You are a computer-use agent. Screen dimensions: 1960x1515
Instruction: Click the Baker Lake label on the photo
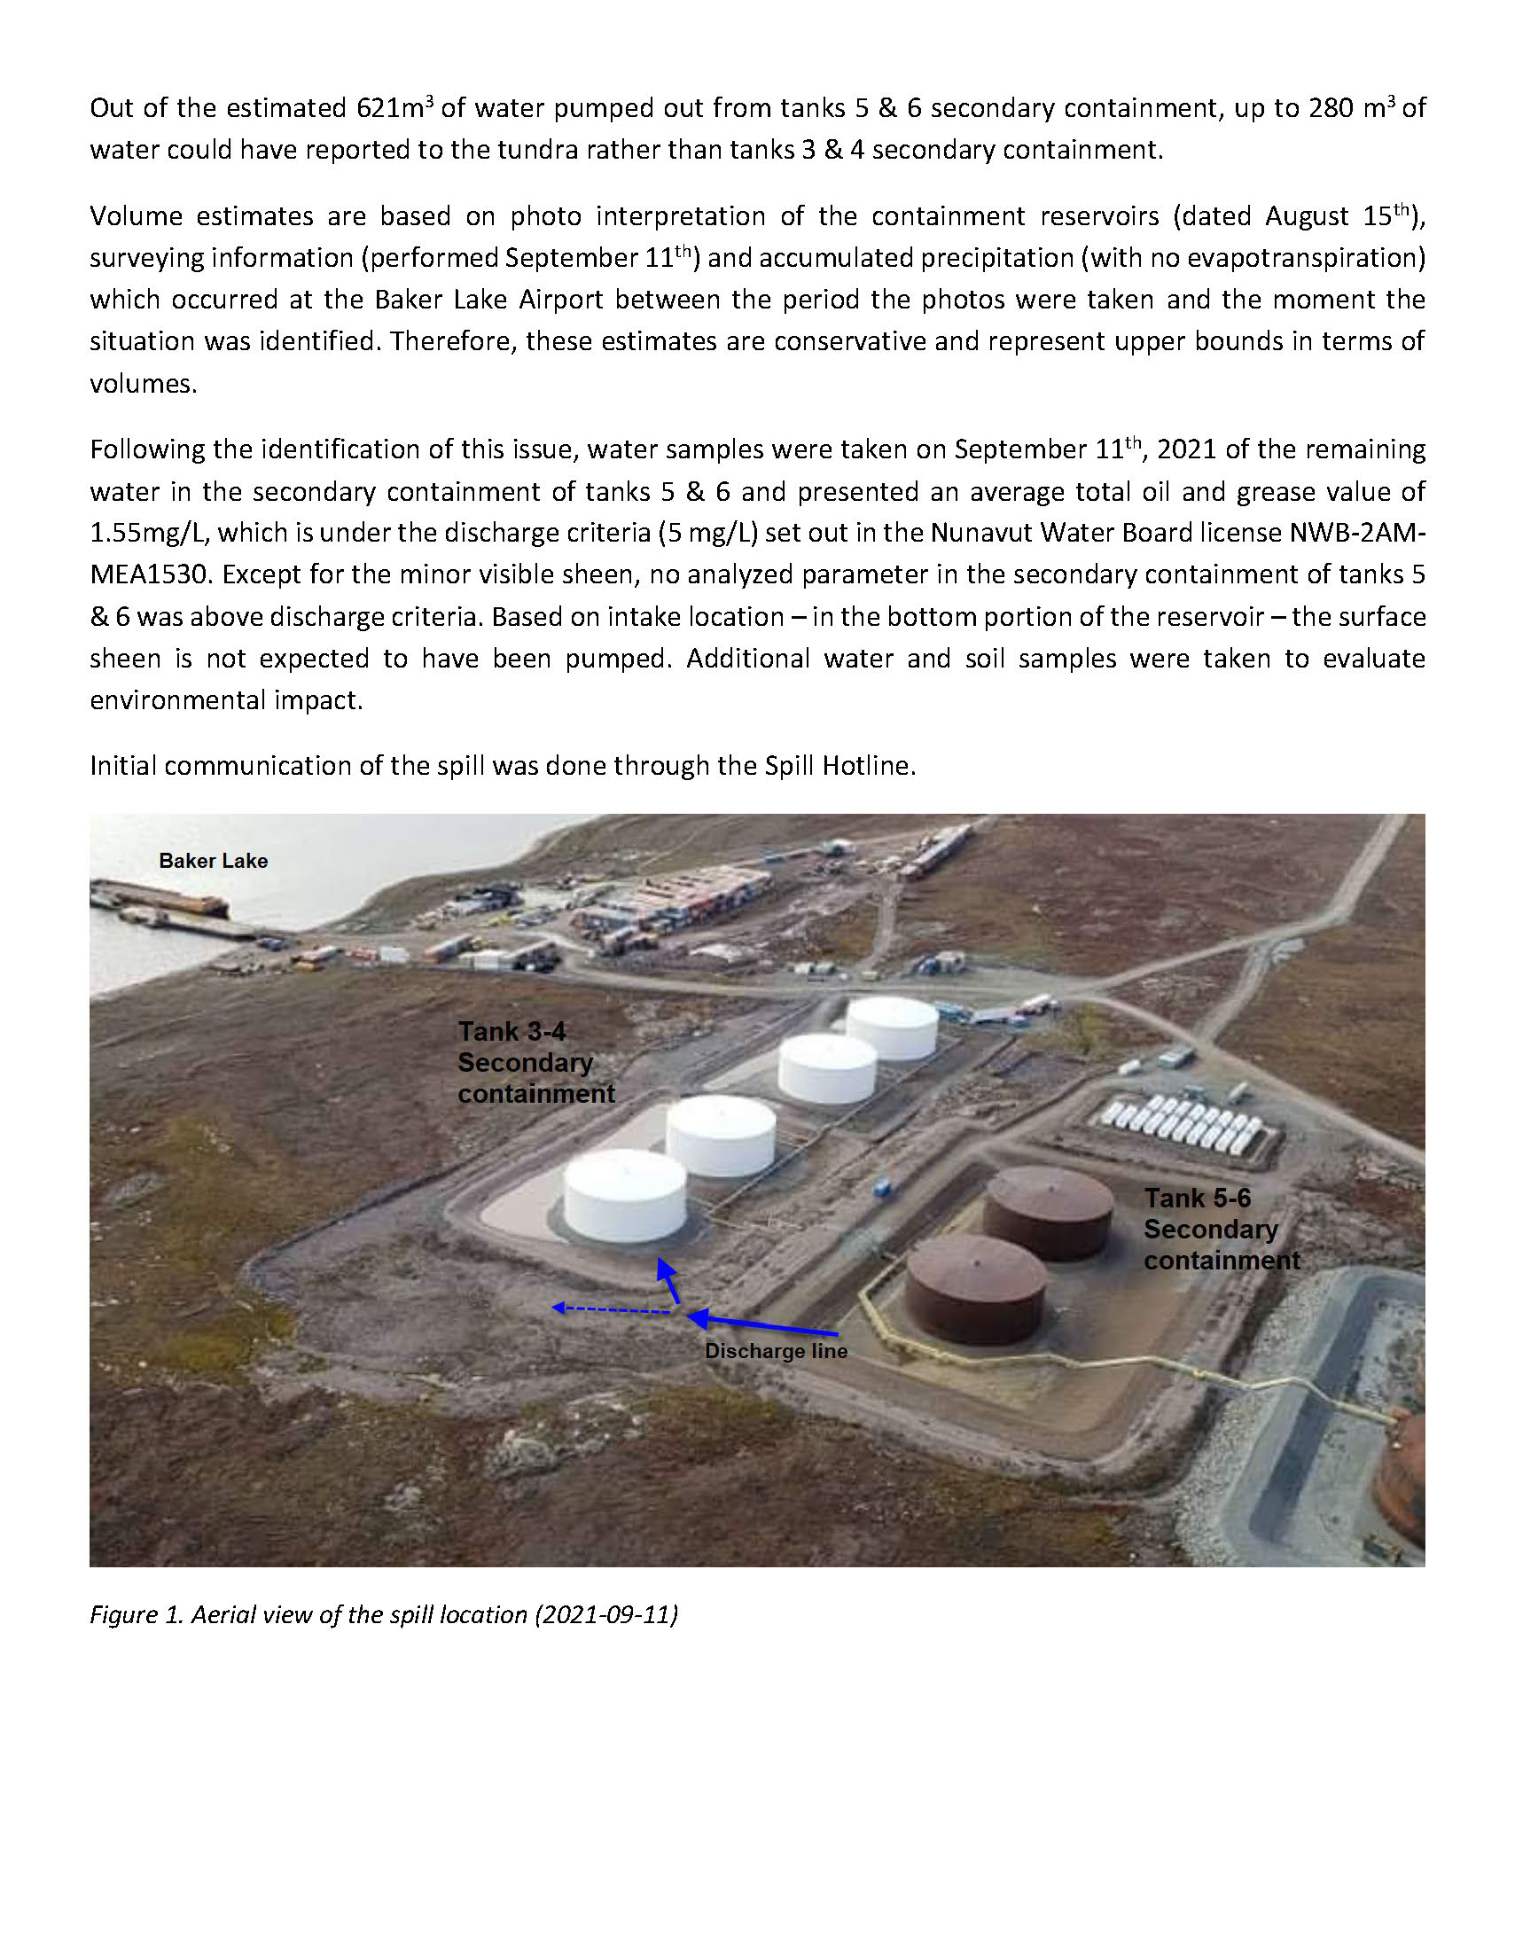[213, 861]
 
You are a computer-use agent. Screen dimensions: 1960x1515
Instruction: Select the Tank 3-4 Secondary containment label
[535, 1063]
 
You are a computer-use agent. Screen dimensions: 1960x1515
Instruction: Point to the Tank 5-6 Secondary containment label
[1221, 1230]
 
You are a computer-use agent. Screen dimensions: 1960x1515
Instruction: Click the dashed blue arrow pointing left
[610, 1310]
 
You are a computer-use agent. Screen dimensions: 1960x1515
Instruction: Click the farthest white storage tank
[892, 1027]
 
